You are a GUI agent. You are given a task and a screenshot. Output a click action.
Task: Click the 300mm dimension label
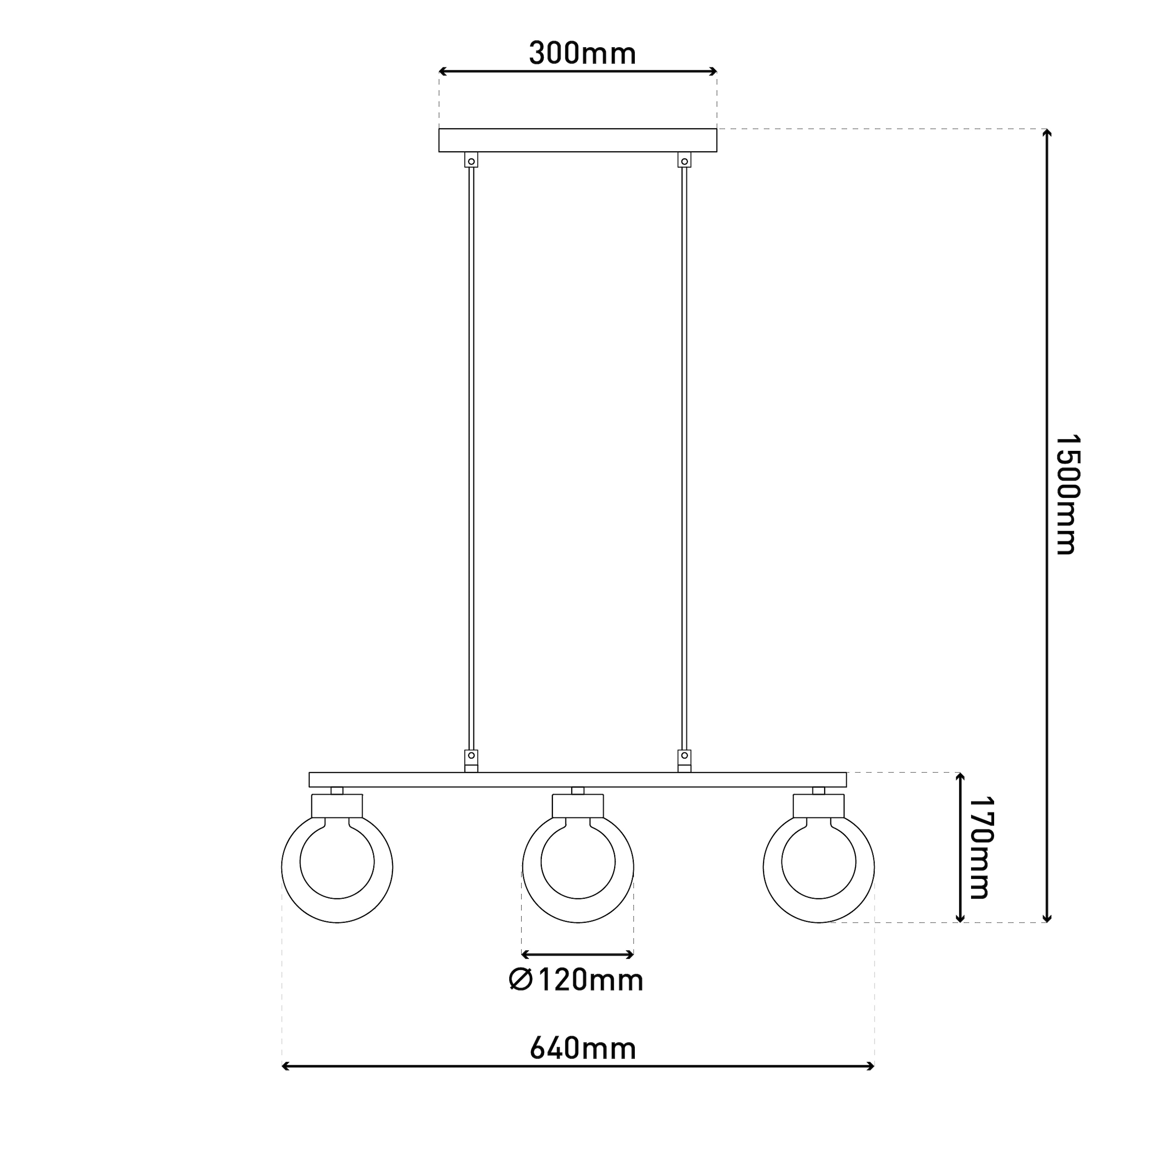pos(582,54)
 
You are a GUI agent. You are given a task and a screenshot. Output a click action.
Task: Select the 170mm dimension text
pos(981,848)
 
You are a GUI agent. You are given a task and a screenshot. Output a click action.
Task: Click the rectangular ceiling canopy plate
pos(578,140)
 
